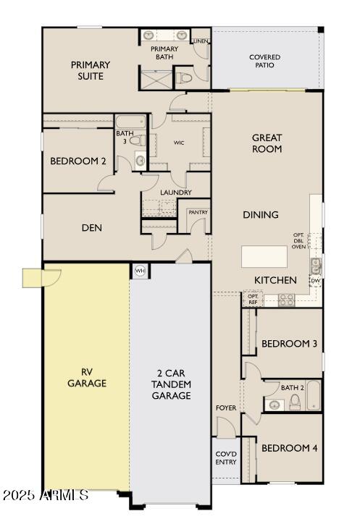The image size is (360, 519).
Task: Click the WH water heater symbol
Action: coord(140,271)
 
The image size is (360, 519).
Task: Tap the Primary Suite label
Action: coord(91,70)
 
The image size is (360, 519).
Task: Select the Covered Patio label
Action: coord(264,62)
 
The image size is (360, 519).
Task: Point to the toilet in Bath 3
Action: coord(138,140)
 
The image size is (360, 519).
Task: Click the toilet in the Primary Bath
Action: coord(184,78)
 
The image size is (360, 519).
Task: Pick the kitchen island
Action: coord(264,256)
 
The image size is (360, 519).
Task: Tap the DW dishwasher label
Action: coord(316,281)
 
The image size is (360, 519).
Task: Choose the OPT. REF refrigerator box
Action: coord(253,299)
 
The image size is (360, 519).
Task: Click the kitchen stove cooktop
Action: coord(286,300)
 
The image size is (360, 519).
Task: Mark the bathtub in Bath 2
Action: coord(314,395)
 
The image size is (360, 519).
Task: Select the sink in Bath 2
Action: coord(275,405)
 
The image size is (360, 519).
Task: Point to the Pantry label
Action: coord(198,212)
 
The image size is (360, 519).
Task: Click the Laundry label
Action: coord(176,193)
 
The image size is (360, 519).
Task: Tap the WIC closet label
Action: coord(179,143)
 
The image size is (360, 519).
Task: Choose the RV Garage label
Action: coord(87,377)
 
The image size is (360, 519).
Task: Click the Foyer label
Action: coord(226,408)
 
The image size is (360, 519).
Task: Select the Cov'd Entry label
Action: coord(226,457)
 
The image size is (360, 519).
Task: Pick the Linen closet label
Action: coord(201,41)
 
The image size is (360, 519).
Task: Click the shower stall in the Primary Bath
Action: coord(156,80)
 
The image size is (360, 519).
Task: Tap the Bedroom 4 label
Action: coord(290,448)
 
